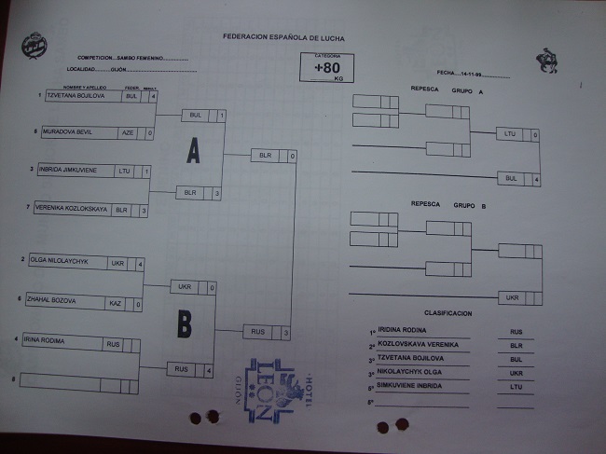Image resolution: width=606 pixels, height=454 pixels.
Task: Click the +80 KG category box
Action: [327, 68]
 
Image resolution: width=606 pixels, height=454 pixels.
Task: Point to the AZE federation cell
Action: [128, 132]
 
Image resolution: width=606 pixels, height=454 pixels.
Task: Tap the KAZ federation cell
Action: [116, 303]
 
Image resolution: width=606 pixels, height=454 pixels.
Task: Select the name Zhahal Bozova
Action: [52, 300]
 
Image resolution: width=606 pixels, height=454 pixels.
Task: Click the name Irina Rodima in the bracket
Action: [46, 342]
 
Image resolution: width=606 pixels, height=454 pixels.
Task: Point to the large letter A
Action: [193, 151]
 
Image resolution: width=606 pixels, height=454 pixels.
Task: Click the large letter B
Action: [185, 323]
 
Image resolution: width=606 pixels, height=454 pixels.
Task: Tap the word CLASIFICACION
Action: [448, 313]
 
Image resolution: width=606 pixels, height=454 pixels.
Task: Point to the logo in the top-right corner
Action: [548, 61]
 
